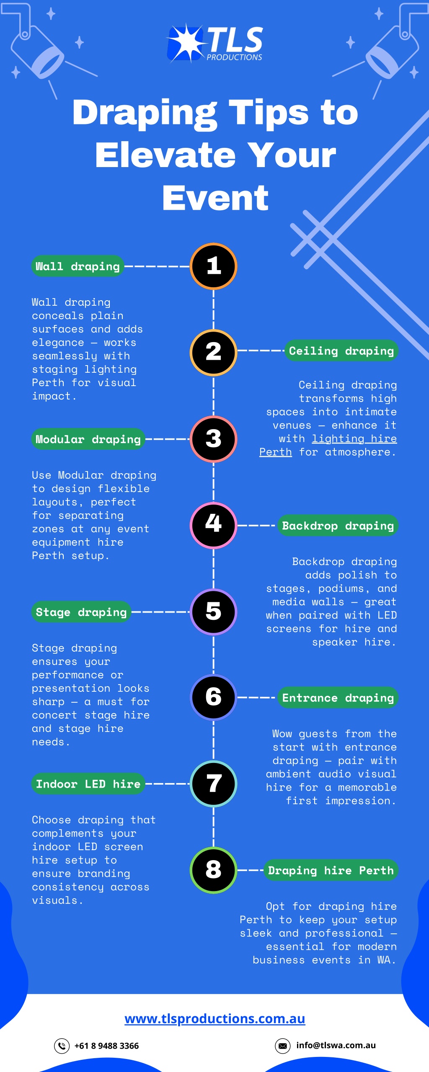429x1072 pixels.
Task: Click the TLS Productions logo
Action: coord(215,43)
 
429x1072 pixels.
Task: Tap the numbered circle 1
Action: coord(214,266)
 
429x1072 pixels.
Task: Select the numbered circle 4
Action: coord(214,525)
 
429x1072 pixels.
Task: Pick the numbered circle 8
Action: coord(214,870)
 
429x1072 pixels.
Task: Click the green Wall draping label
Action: coord(78,266)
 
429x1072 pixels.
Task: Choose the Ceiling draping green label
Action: coord(341,351)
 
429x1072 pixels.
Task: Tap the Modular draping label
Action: coord(88,439)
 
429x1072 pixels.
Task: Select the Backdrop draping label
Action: coord(338,526)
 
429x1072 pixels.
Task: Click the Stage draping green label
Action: coord(81,612)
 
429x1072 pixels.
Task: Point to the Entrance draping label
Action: coord(338,698)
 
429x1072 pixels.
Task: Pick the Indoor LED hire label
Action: coord(88,784)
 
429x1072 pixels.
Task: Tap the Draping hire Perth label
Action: coord(331,870)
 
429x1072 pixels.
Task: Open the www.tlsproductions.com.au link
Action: coord(215,1018)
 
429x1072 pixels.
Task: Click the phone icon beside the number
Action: coord(62,1046)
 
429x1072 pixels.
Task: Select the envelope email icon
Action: coord(283,1046)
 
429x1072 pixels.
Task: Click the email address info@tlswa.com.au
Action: coord(336,1045)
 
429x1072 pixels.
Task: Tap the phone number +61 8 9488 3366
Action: coord(106,1046)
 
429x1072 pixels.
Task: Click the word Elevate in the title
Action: coord(168,155)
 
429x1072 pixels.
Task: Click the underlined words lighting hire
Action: coord(354,438)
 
